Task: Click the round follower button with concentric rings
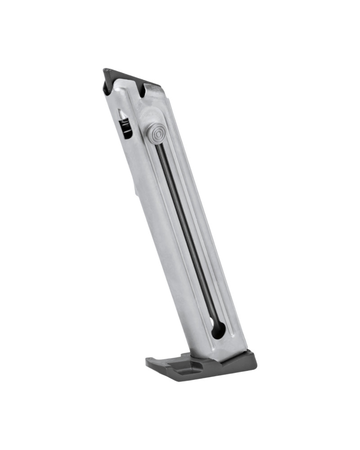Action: point(155,133)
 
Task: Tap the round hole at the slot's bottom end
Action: point(218,330)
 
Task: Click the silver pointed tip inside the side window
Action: point(121,114)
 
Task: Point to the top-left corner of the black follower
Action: point(105,70)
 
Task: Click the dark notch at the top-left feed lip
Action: point(108,88)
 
